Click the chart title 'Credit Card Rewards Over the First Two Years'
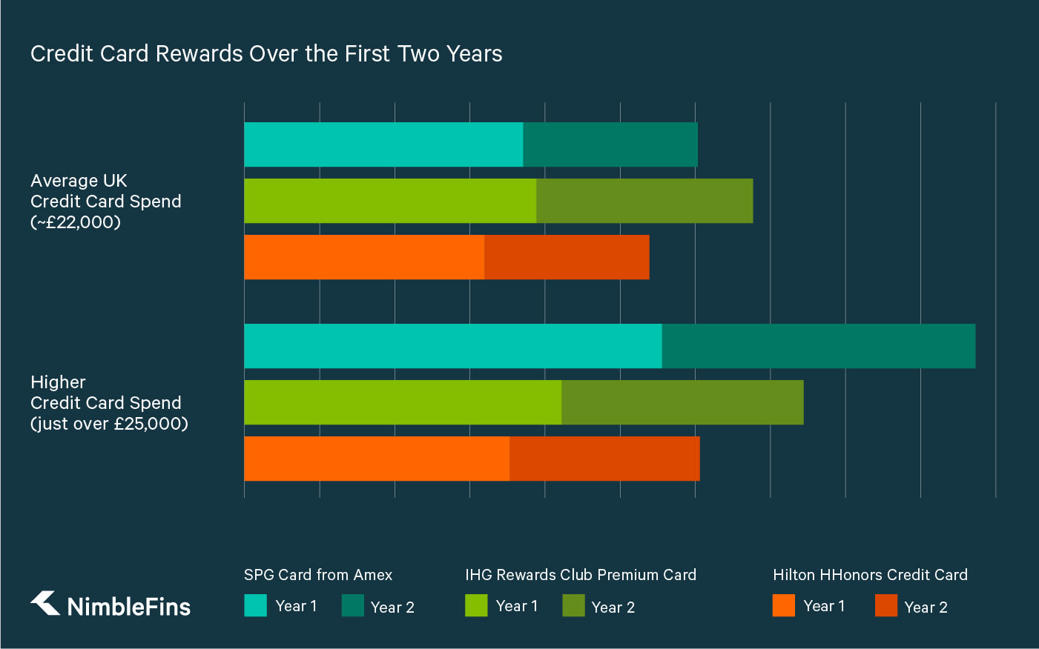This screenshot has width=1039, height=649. (266, 54)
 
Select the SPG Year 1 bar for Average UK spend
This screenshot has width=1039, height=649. (383, 144)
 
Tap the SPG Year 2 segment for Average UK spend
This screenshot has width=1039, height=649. (610, 144)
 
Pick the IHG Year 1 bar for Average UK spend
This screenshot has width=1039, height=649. (390, 201)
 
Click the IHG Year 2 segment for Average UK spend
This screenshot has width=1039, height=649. (644, 201)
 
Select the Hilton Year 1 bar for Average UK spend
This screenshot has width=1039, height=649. (364, 257)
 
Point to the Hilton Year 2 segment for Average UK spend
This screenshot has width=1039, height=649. (567, 257)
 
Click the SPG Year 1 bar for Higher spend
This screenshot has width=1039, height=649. (452, 346)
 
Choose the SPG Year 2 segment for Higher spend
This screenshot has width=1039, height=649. (819, 346)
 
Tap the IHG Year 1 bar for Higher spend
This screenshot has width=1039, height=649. (403, 402)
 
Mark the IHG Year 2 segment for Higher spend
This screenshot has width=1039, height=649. (682, 402)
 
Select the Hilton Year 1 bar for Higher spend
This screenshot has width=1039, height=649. (377, 459)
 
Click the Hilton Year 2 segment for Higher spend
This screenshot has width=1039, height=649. (604, 459)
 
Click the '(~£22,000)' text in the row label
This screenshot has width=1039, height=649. (76, 222)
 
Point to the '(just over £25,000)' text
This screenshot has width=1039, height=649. (109, 424)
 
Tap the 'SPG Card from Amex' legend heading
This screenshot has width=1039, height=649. (318, 575)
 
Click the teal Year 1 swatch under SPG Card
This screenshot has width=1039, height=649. (255, 606)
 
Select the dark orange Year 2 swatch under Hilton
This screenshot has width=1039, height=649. (886, 606)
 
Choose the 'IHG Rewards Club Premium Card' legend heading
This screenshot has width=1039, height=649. (581, 575)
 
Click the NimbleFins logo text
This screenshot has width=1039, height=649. (128, 607)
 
